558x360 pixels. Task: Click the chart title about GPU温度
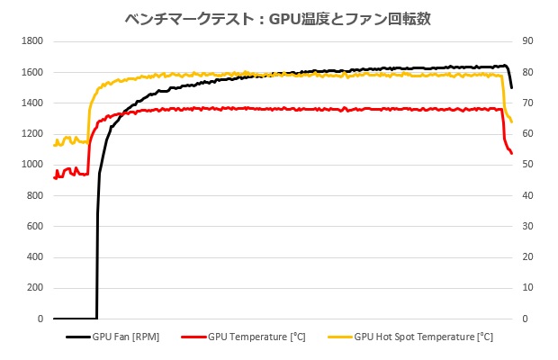[280, 18]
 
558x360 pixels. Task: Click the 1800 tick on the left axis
[32, 41]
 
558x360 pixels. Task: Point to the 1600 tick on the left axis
[32, 72]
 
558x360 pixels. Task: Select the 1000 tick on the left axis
[32, 165]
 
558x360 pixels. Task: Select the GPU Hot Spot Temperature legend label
[423, 338]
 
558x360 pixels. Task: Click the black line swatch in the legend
[77, 338]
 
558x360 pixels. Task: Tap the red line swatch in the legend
[193, 338]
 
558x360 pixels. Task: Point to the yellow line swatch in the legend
[339, 338]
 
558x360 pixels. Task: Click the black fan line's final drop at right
[510, 79]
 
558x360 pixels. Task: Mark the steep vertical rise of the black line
[97, 252]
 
